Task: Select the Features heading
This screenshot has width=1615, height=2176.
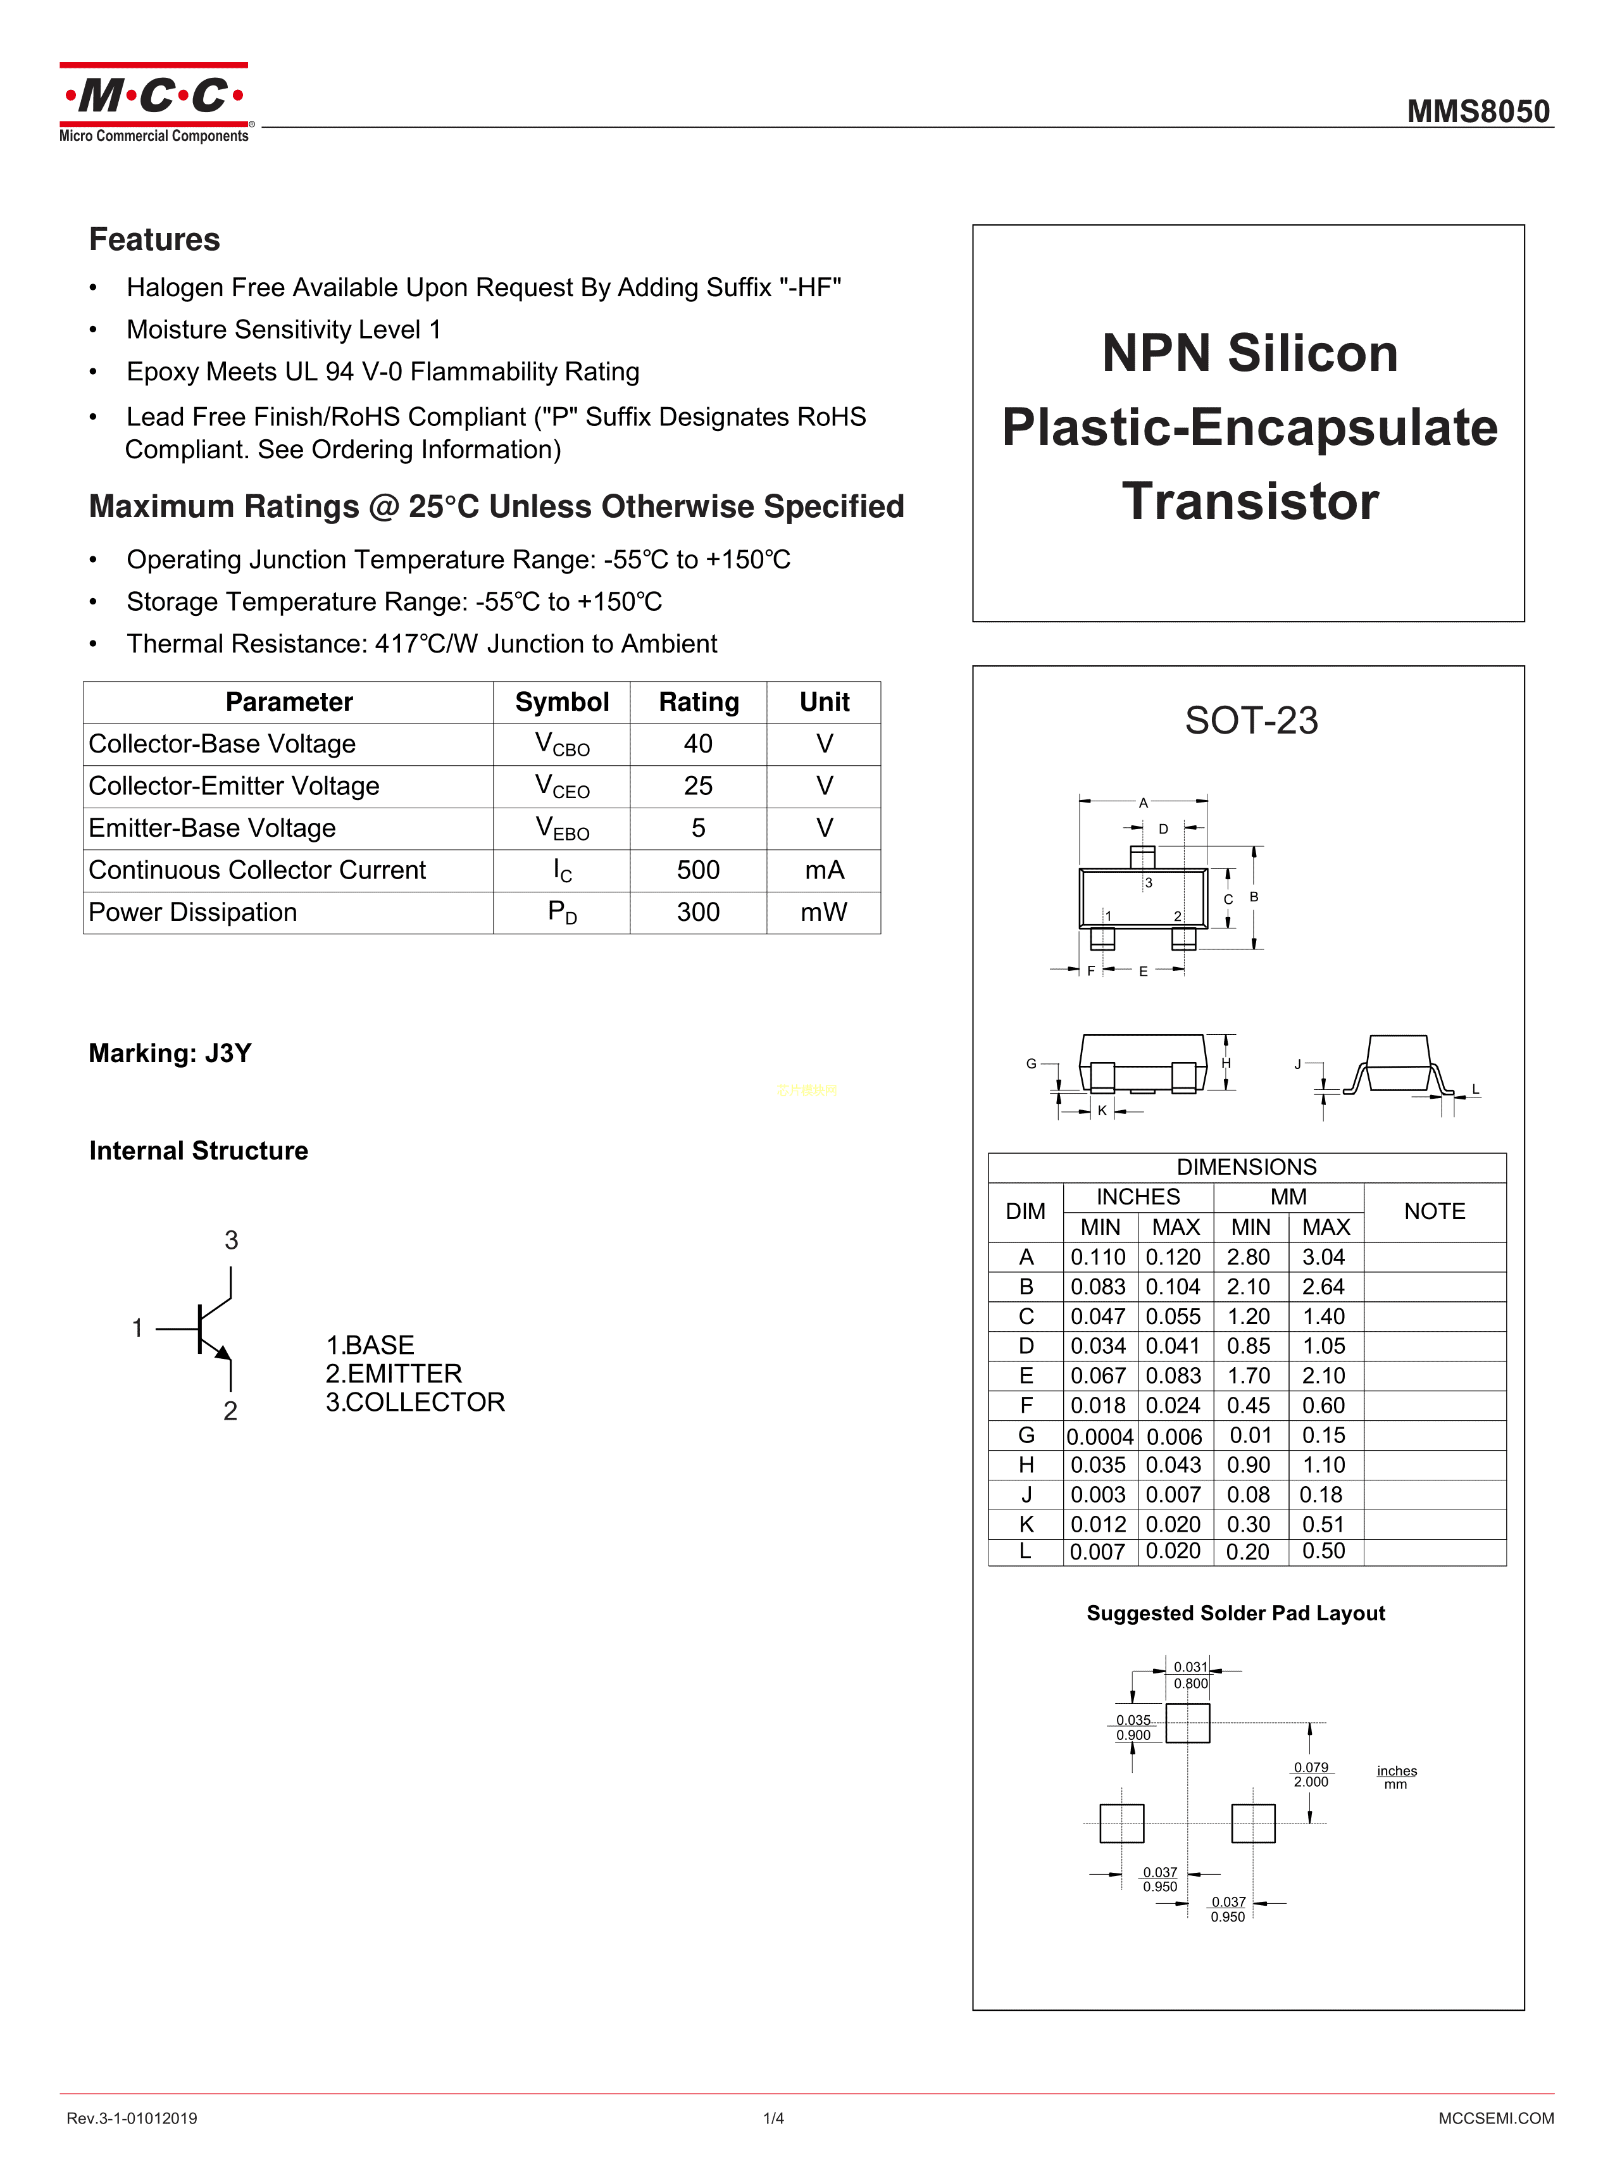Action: [154, 239]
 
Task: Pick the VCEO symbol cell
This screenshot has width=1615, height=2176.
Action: [561, 786]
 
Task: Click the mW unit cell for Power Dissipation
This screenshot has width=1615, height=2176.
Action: [823, 912]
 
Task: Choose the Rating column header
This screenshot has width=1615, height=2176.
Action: [698, 702]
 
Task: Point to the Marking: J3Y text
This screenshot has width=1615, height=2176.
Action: [170, 1053]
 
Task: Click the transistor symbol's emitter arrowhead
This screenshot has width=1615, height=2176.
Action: [224, 1353]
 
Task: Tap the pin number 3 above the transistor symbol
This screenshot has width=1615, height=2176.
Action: [231, 1239]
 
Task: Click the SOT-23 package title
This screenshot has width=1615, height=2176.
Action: [1250, 720]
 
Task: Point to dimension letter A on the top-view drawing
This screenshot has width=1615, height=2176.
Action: [1143, 803]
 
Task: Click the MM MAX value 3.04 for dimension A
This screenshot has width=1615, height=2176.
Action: [1324, 1257]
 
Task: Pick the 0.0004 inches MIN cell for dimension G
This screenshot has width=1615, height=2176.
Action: [1100, 1436]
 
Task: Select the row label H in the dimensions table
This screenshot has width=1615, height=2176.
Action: [1025, 1465]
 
